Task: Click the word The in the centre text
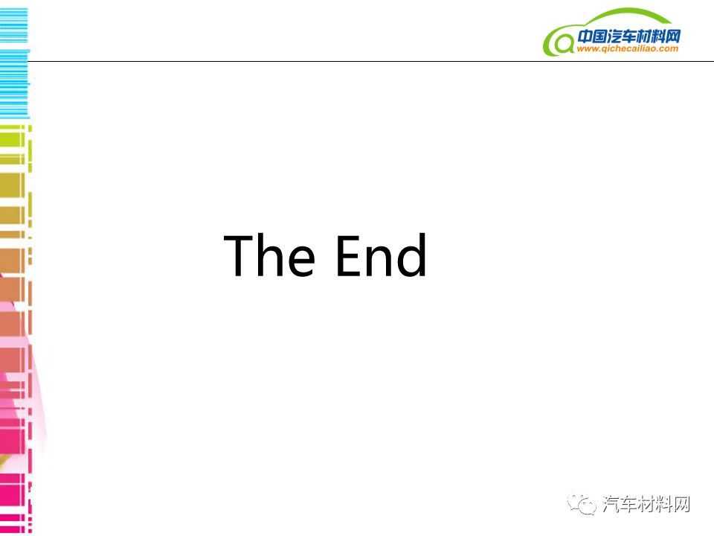point(269,255)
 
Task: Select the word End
point(382,255)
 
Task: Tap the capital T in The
point(239,255)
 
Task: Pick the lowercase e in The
point(301,261)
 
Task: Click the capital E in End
point(348,255)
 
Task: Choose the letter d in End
point(411,255)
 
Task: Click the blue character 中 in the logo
point(585,36)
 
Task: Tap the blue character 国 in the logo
point(600,36)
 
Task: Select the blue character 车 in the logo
point(629,36)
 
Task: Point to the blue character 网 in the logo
point(672,36)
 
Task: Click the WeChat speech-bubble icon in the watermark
point(581,504)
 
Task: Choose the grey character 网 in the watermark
point(681,504)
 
